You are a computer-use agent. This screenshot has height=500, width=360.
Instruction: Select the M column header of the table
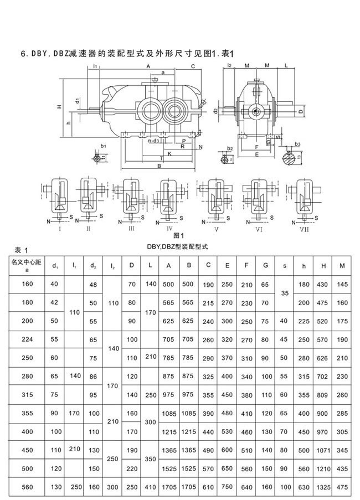(x=343, y=265)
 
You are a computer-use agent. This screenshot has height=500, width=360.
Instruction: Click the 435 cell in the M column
(x=343, y=469)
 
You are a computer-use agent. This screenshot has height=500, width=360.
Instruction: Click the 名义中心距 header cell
(x=28, y=265)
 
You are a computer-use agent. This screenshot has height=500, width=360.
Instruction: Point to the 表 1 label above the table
(x=21, y=249)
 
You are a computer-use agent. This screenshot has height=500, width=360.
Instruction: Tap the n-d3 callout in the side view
(x=155, y=141)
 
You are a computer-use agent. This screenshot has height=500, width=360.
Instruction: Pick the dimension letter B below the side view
(x=160, y=166)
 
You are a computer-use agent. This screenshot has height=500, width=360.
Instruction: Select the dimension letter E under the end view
(x=257, y=155)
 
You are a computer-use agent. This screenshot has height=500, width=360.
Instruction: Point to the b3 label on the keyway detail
(x=297, y=144)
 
